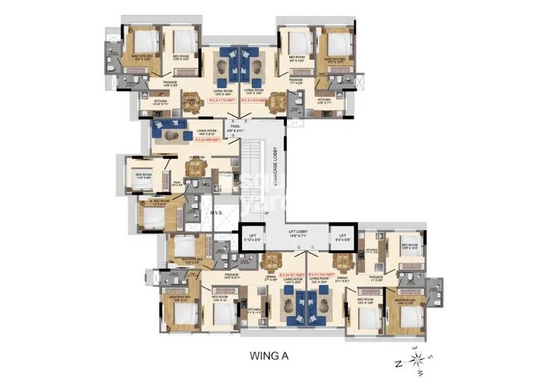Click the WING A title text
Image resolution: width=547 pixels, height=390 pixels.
coord(272,356)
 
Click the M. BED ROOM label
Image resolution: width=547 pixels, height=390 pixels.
coord(158,201)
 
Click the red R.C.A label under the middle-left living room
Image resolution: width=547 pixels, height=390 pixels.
coord(204,138)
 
